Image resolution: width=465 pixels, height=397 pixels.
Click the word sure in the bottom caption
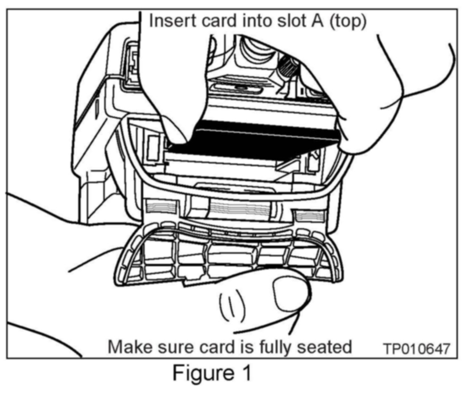pyautogui.click(x=169, y=346)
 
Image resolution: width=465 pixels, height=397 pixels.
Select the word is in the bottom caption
pyautogui.click(x=239, y=346)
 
